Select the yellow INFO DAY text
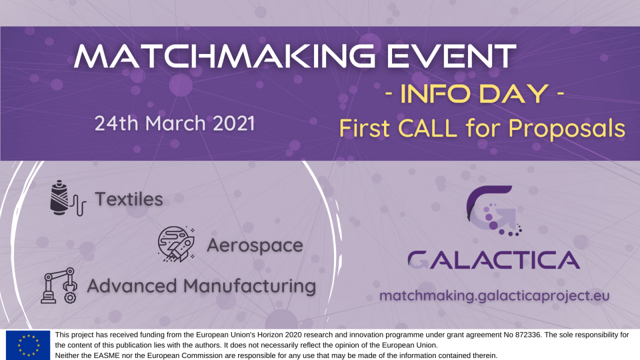point(474,93)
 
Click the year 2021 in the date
point(233,123)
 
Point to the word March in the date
point(175,123)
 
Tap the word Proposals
point(567,129)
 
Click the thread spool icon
point(68,198)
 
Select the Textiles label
point(129,199)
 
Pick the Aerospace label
point(255,245)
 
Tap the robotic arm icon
point(59,285)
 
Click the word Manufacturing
point(249,286)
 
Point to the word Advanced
point(132,285)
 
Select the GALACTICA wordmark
point(494,260)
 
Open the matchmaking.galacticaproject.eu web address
point(494,295)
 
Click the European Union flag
point(28,345)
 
